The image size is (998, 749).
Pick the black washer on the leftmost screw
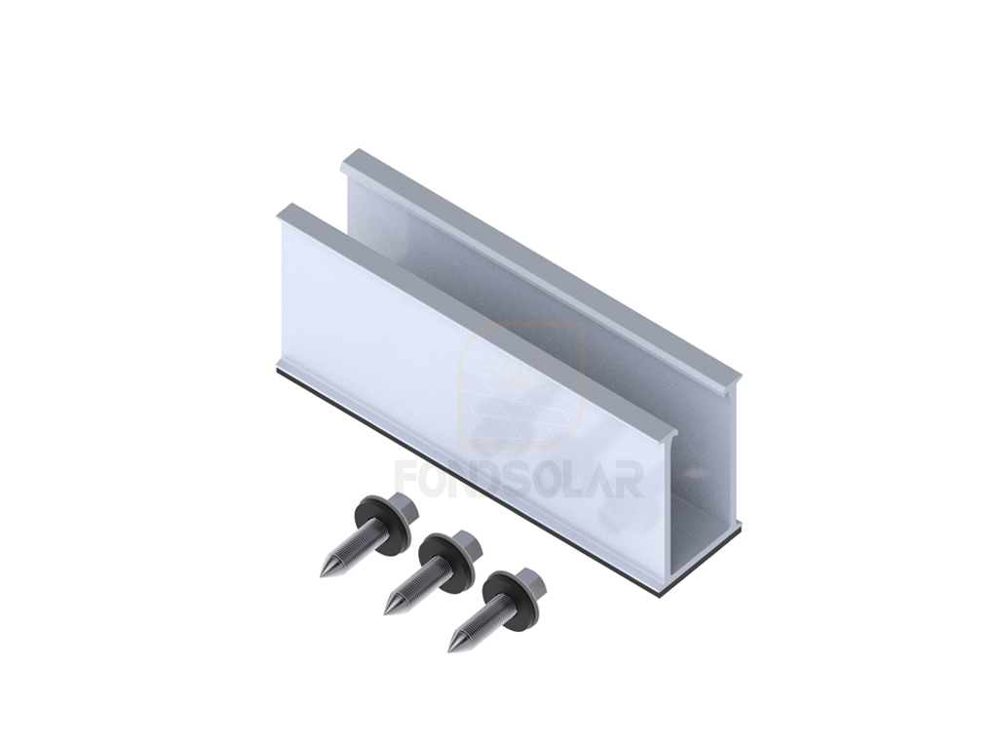point(381,526)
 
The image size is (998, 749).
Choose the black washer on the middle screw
point(445,565)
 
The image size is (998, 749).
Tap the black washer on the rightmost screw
point(510,602)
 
